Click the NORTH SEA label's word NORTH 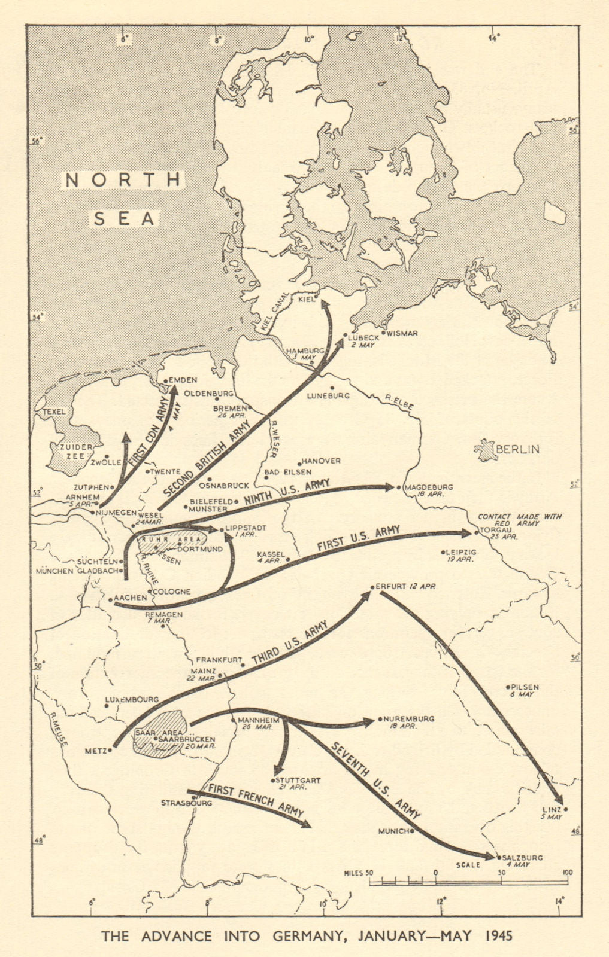click(x=123, y=179)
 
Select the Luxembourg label click(x=132, y=699)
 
